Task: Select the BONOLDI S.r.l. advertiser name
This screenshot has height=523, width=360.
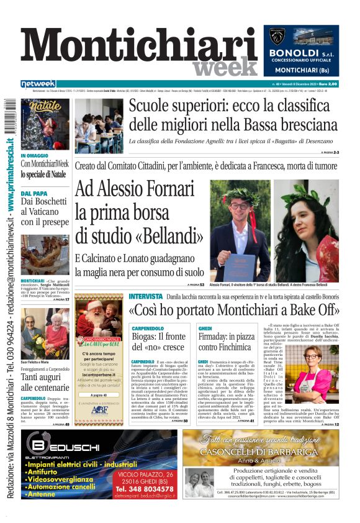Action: [302, 53]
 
